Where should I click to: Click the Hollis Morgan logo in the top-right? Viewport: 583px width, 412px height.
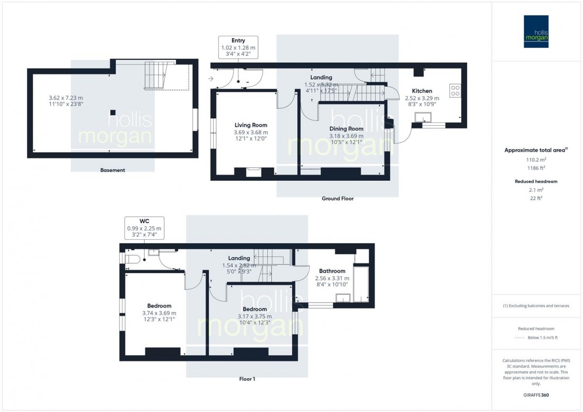coord(536,31)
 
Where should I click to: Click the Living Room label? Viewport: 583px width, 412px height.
coord(251,125)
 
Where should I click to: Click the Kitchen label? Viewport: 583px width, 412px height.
coord(422,91)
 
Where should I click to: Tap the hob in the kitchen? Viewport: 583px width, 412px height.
coord(455,91)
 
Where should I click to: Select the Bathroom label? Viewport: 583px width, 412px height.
coord(332,271)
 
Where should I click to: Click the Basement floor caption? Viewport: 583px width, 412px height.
coord(112,170)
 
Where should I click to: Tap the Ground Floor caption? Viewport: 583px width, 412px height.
coord(337,199)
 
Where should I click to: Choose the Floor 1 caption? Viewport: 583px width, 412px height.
coord(247,379)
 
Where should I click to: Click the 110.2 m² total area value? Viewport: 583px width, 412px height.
coord(536,159)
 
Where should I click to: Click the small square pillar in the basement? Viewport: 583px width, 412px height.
coord(113,112)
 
